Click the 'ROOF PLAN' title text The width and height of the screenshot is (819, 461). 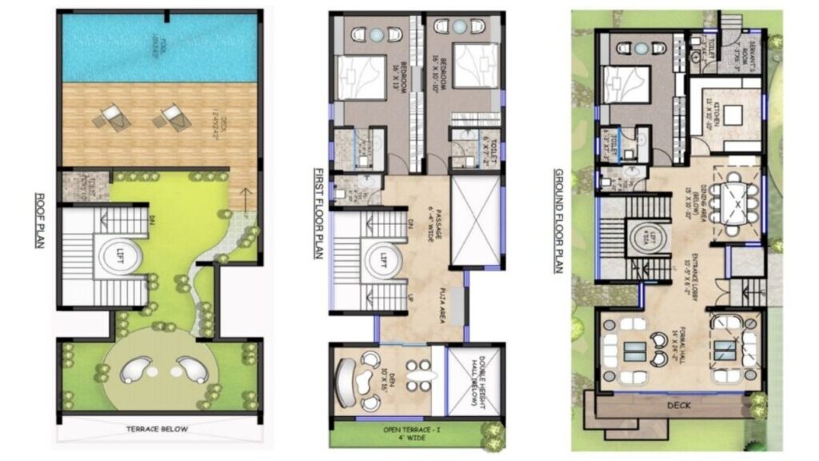tap(38, 221)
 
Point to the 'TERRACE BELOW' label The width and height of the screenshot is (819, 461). tap(157, 429)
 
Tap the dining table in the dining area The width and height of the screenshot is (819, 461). tap(736, 203)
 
